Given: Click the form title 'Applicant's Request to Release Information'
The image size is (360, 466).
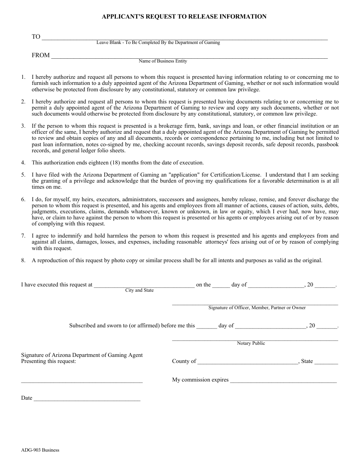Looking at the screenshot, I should (x=184, y=17).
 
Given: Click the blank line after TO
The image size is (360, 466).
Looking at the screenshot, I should (x=184, y=38).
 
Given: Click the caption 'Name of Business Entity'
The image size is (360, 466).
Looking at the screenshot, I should (x=163, y=61).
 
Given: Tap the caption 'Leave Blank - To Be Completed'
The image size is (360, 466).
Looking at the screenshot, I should (x=158, y=42).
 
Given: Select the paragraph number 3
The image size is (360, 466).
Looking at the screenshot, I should (x=23, y=126).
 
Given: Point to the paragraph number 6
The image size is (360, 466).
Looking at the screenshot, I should (x=23, y=199).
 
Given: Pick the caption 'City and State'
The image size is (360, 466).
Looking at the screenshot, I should (x=139, y=290).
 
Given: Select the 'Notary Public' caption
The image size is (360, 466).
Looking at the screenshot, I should (x=251, y=343).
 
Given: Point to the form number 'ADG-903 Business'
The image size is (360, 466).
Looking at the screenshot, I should (x=40, y=450).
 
